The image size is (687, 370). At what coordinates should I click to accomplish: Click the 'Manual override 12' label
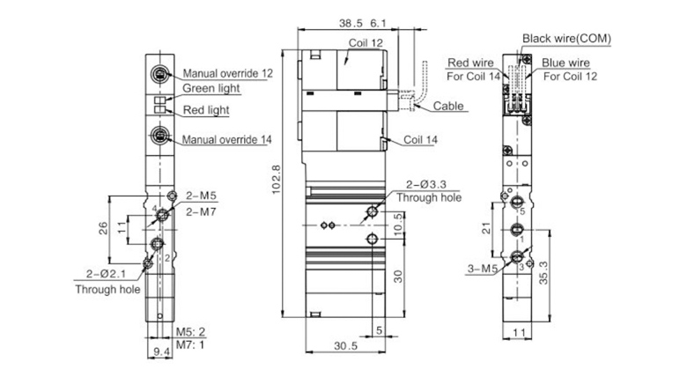pyautogui.click(x=227, y=73)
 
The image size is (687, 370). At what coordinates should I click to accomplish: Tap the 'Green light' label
pyautogui.click(x=211, y=88)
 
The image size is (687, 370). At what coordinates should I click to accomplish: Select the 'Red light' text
pyautogui.click(x=206, y=109)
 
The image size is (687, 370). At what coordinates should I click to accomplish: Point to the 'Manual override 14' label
pyautogui.click(x=226, y=139)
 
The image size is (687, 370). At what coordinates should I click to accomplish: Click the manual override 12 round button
pyautogui.click(x=160, y=74)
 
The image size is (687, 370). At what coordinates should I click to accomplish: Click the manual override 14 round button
pyautogui.click(x=160, y=135)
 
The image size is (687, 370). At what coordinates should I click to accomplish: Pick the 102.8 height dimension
pyautogui.click(x=277, y=179)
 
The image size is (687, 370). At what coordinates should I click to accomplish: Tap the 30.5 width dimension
pyautogui.click(x=345, y=346)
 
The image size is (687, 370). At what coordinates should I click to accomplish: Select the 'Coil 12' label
pyautogui.click(x=366, y=43)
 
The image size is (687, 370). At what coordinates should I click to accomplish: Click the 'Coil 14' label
pyautogui.click(x=420, y=140)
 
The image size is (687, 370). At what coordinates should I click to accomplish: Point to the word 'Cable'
pyautogui.click(x=448, y=106)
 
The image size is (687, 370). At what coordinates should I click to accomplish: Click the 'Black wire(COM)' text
pyautogui.click(x=566, y=39)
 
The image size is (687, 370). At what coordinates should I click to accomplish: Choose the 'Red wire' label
pyautogui.click(x=470, y=63)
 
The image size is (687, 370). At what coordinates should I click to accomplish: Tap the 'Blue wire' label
pyautogui.click(x=565, y=63)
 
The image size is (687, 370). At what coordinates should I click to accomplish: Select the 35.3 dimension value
pyautogui.click(x=543, y=273)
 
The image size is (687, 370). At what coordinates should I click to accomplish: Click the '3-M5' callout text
pyautogui.click(x=483, y=269)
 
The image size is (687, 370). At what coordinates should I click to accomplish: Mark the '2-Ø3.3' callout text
pyautogui.click(x=426, y=185)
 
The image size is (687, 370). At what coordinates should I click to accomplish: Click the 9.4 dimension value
pyautogui.click(x=162, y=351)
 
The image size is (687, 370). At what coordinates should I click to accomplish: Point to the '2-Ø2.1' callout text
pyautogui.click(x=106, y=274)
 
